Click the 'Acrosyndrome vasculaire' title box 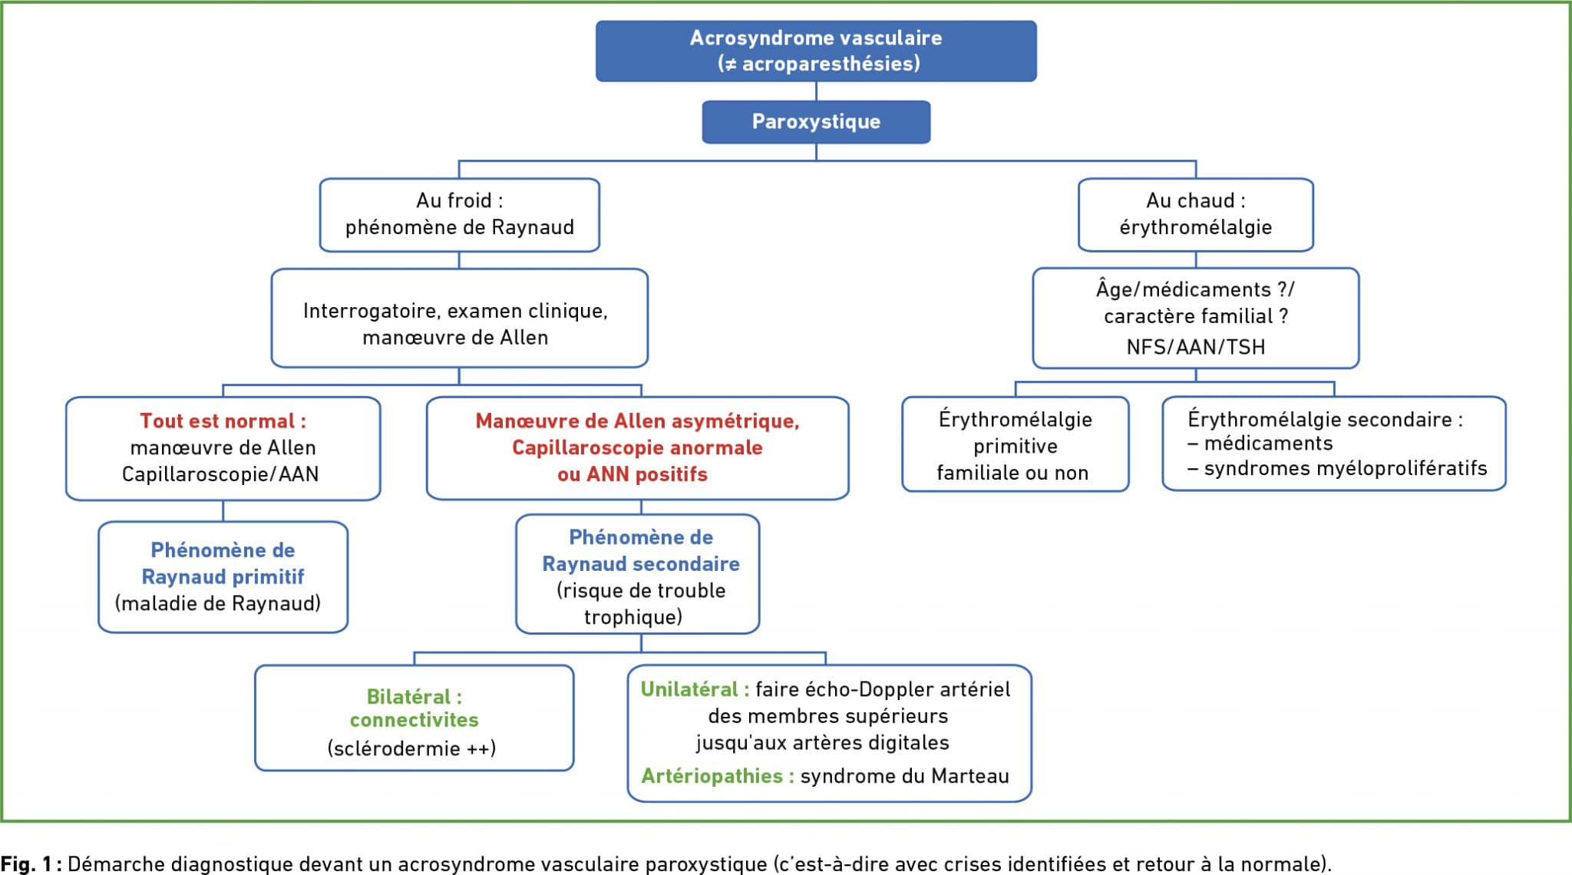coord(816,51)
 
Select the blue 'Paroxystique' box coord(816,122)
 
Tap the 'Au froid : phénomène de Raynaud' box coord(459,215)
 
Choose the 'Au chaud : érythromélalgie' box coord(1195,215)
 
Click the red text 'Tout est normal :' coord(223,421)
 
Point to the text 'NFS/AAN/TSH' coord(1195,347)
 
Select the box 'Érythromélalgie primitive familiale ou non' coord(1015,444)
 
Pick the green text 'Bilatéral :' coord(414,697)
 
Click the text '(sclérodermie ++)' coord(411,748)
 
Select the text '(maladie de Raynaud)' coord(218,603)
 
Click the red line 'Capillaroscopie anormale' coord(637,447)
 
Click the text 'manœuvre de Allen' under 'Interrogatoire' coord(455,338)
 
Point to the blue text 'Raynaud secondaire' coord(641,564)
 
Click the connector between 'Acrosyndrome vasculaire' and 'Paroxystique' coord(816,91)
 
